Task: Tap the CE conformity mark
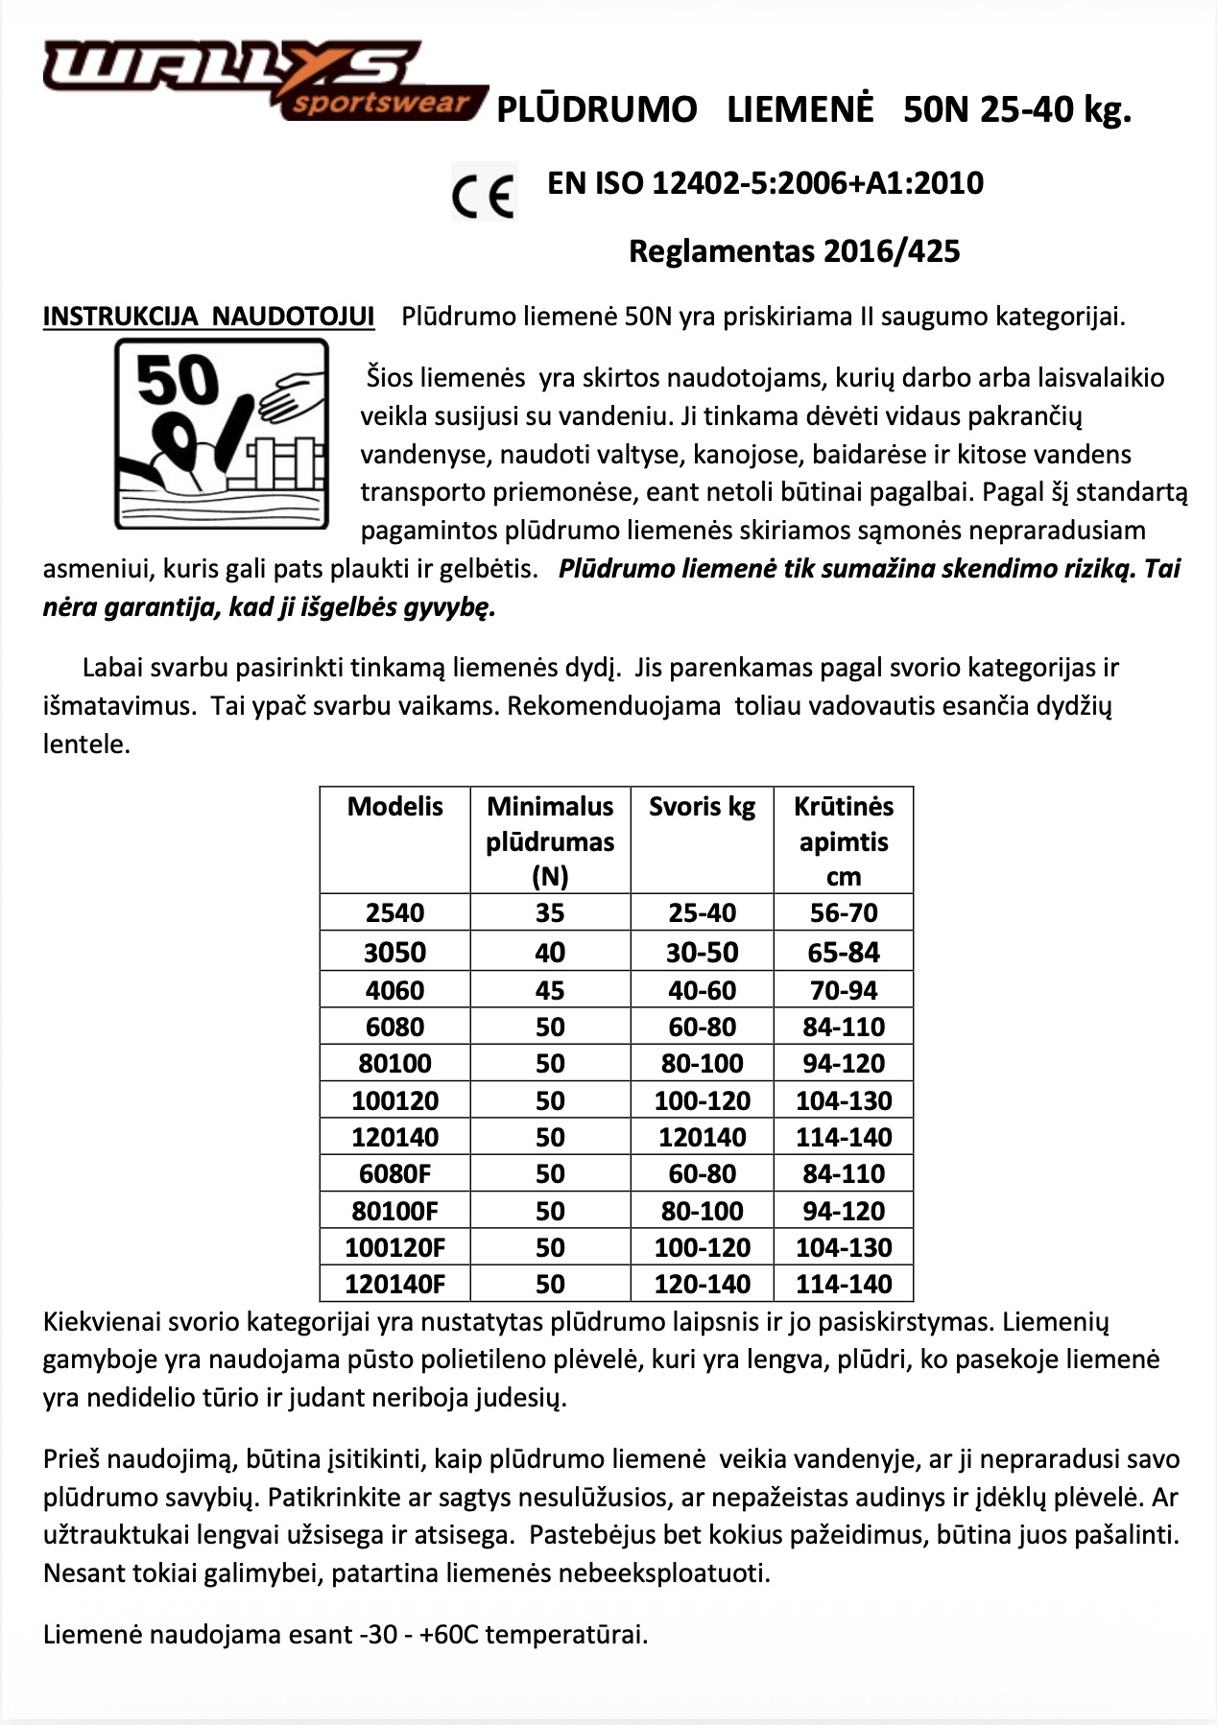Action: point(484,193)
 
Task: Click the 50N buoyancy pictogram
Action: point(222,433)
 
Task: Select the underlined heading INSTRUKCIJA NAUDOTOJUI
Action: point(208,317)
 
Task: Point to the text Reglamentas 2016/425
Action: point(794,251)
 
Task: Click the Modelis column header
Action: point(394,806)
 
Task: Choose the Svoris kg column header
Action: point(702,806)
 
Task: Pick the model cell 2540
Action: point(394,912)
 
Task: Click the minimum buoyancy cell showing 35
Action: point(550,912)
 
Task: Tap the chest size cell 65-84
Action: point(844,953)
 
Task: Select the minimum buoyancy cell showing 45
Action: point(550,990)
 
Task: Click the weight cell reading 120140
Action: point(702,1137)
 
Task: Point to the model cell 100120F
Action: point(394,1247)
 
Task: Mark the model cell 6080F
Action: point(394,1173)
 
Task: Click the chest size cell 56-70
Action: point(844,912)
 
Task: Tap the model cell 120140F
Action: point(394,1284)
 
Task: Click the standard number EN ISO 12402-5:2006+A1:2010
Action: point(765,183)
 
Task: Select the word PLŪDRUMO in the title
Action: point(596,110)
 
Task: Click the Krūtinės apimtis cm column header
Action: point(844,840)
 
